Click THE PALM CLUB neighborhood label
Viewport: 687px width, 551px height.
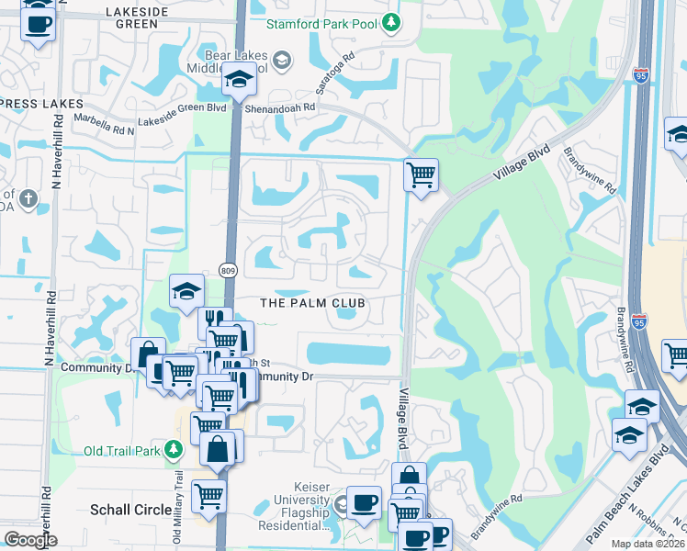313,303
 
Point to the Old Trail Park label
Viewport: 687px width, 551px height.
121,451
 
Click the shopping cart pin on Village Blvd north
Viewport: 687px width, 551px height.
421,174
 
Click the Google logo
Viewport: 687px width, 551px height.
29,540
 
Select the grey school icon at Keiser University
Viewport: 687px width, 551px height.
342,502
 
